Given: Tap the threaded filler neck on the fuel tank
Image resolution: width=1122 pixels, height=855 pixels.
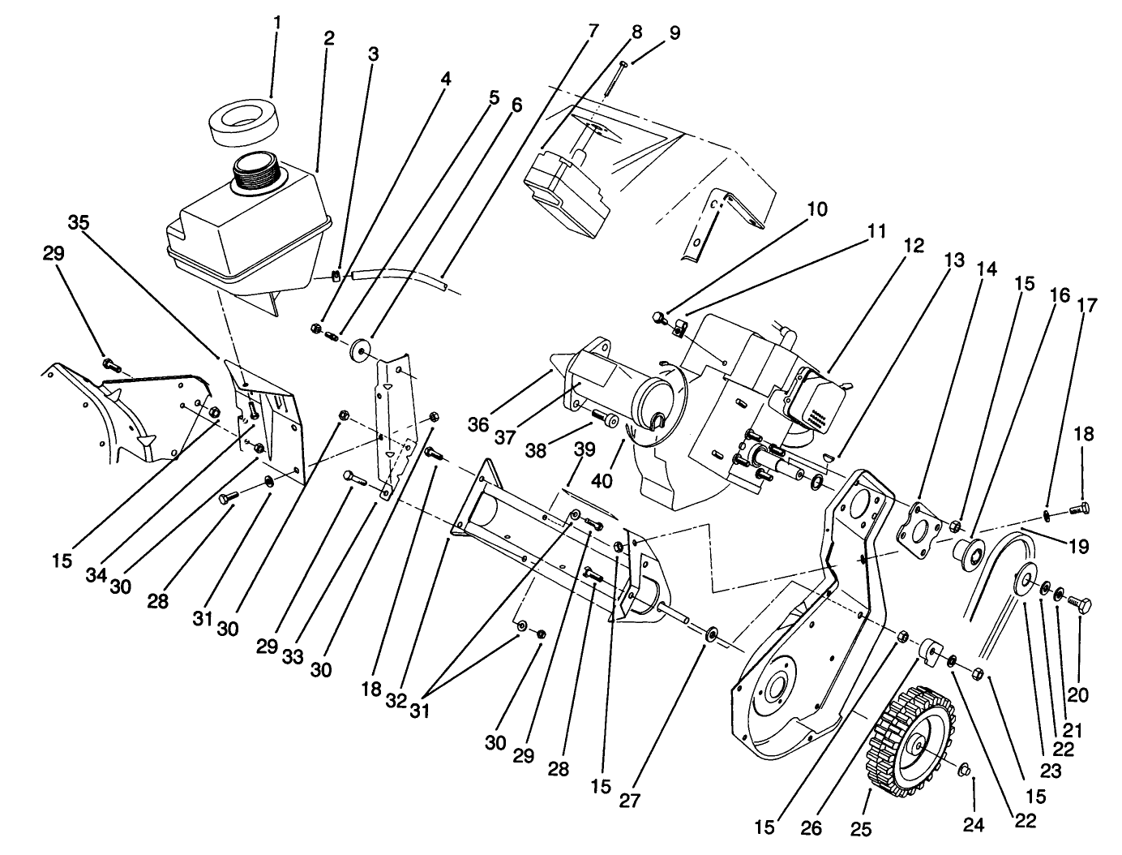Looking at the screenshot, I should [x=257, y=173].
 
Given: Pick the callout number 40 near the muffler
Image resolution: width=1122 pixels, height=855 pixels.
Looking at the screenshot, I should [x=602, y=480].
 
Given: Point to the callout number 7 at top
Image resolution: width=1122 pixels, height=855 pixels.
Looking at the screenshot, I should [x=593, y=32].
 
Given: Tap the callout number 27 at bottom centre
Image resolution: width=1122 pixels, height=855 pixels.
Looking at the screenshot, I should [x=630, y=800].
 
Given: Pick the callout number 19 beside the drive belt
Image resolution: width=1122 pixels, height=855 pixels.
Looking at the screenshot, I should [x=1077, y=547].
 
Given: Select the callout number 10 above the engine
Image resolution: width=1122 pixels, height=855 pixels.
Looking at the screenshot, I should [x=816, y=209].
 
